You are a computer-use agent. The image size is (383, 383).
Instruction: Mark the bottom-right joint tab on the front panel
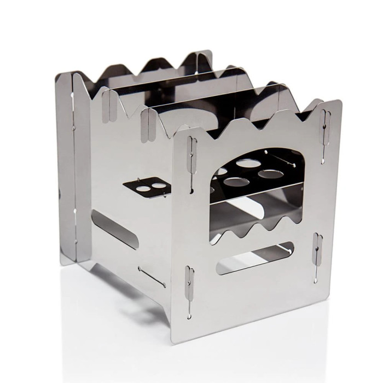click(318, 249)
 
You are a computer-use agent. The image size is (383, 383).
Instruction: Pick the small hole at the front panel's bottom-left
click(189, 316)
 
